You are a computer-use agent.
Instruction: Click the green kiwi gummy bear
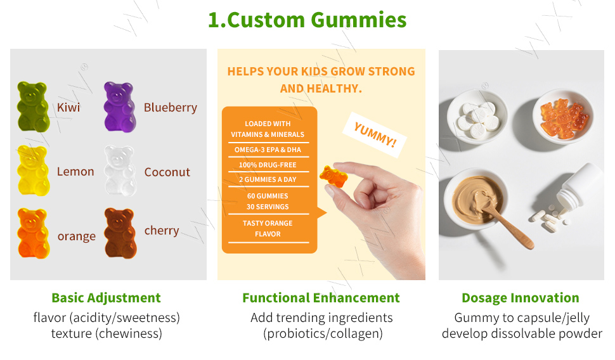click(x=33, y=106)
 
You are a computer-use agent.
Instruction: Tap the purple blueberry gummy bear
click(x=120, y=106)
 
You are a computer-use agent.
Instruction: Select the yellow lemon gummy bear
click(x=34, y=170)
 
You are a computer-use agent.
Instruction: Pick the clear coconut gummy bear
click(x=120, y=170)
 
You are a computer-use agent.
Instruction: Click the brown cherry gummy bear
click(x=120, y=233)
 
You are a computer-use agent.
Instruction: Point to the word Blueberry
click(x=170, y=108)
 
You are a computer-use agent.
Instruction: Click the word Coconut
click(x=167, y=172)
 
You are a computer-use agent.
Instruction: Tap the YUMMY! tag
click(x=375, y=134)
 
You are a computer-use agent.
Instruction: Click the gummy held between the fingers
click(x=333, y=176)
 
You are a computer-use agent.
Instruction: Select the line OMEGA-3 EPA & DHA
click(x=268, y=150)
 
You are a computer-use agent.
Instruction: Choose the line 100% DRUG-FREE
click(x=268, y=165)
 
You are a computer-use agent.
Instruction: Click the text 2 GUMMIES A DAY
click(x=268, y=179)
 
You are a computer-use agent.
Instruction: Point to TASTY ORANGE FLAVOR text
click(x=268, y=229)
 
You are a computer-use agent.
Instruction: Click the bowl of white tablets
click(x=477, y=117)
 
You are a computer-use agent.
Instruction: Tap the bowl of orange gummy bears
click(x=563, y=117)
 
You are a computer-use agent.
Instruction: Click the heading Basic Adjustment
click(x=106, y=298)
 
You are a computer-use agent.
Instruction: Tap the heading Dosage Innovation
click(x=521, y=298)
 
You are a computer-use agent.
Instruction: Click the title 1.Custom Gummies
click(x=307, y=20)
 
